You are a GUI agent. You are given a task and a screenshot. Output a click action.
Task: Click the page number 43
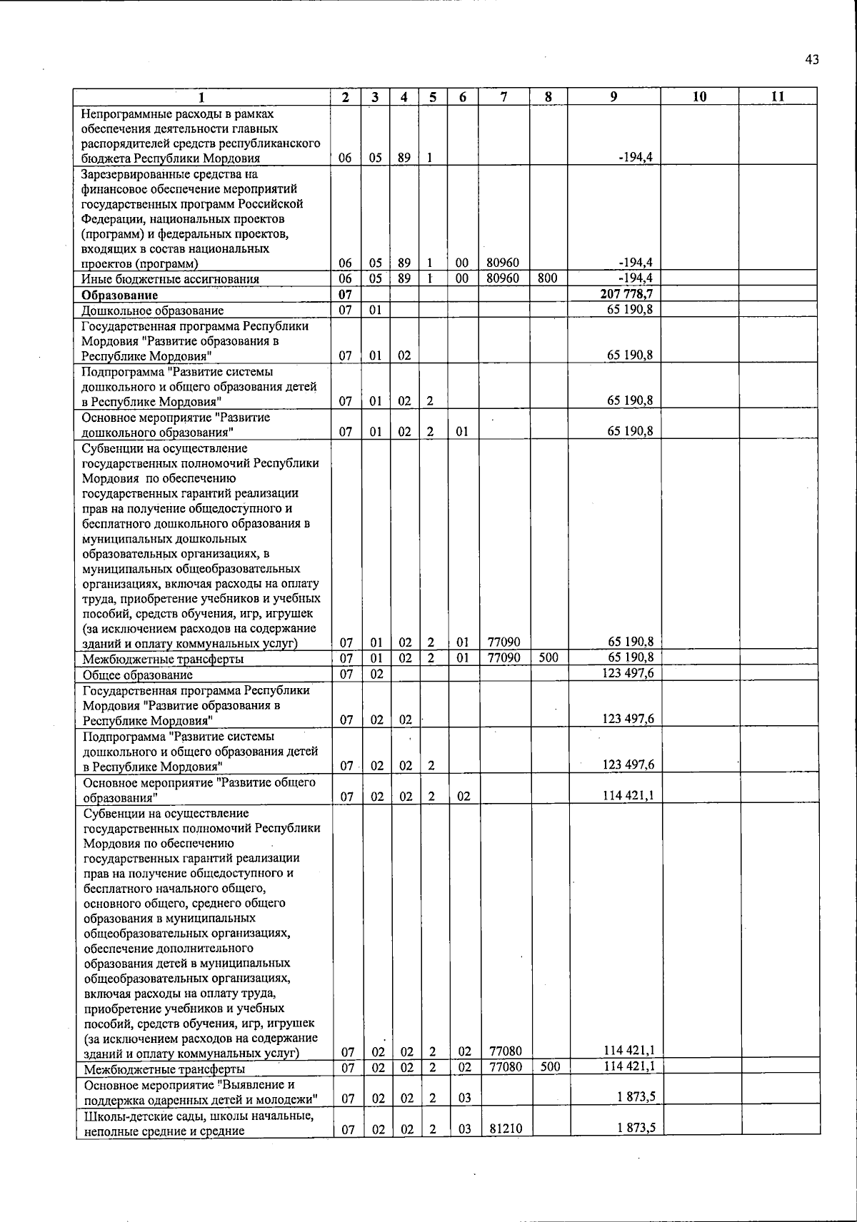(811, 60)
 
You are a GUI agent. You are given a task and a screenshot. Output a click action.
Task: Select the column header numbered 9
(613, 97)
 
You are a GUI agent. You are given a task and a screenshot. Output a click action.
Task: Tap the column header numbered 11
(778, 97)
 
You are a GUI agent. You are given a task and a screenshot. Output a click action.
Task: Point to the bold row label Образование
(119, 295)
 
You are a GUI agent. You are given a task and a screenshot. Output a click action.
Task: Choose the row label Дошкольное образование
(153, 310)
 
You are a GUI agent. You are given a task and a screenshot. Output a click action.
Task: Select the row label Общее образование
(138, 675)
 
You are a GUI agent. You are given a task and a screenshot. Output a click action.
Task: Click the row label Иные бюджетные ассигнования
(170, 279)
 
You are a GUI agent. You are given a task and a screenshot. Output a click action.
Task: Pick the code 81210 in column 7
(504, 1128)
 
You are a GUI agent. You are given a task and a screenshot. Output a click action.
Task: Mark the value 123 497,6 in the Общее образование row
(629, 674)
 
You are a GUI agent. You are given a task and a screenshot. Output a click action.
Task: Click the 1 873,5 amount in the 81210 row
(637, 1128)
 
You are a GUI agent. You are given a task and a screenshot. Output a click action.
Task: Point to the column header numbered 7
(504, 97)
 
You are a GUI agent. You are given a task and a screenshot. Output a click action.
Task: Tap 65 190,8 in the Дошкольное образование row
(630, 310)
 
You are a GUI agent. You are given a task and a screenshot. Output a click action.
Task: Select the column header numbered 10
(699, 97)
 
